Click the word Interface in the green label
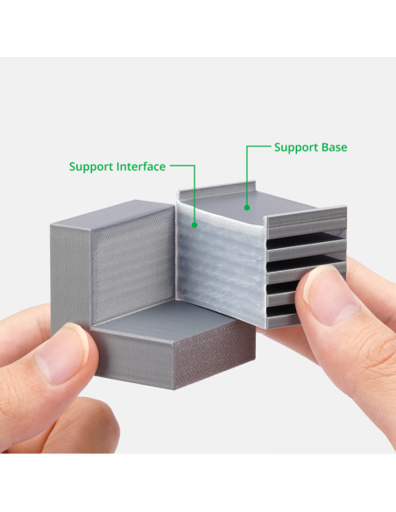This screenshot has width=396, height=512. tap(141, 167)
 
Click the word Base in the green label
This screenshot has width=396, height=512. tap(334, 147)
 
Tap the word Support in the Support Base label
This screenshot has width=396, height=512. tap(296, 148)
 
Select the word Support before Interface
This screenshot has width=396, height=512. tap(91, 167)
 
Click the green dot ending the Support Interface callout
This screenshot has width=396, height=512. tap(194, 224)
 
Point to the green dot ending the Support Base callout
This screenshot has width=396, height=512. tap(247, 208)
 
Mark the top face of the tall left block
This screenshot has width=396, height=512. tap(111, 214)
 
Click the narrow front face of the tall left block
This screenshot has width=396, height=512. tap(70, 279)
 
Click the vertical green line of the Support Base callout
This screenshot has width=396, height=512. tap(247, 176)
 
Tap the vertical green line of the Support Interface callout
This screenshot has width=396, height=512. tap(194, 195)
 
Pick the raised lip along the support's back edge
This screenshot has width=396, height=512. tap(217, 190)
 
